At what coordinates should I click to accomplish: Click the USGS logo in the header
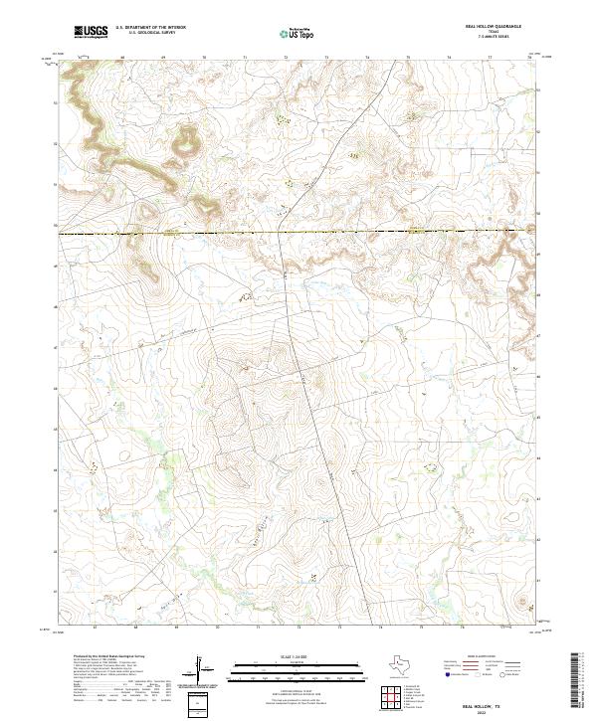tap(92, 33)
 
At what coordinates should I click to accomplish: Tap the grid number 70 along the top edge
tap(204, 58)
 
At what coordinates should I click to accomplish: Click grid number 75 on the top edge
tap(408, 58)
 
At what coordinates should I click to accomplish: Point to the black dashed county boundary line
tap(298, 233)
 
